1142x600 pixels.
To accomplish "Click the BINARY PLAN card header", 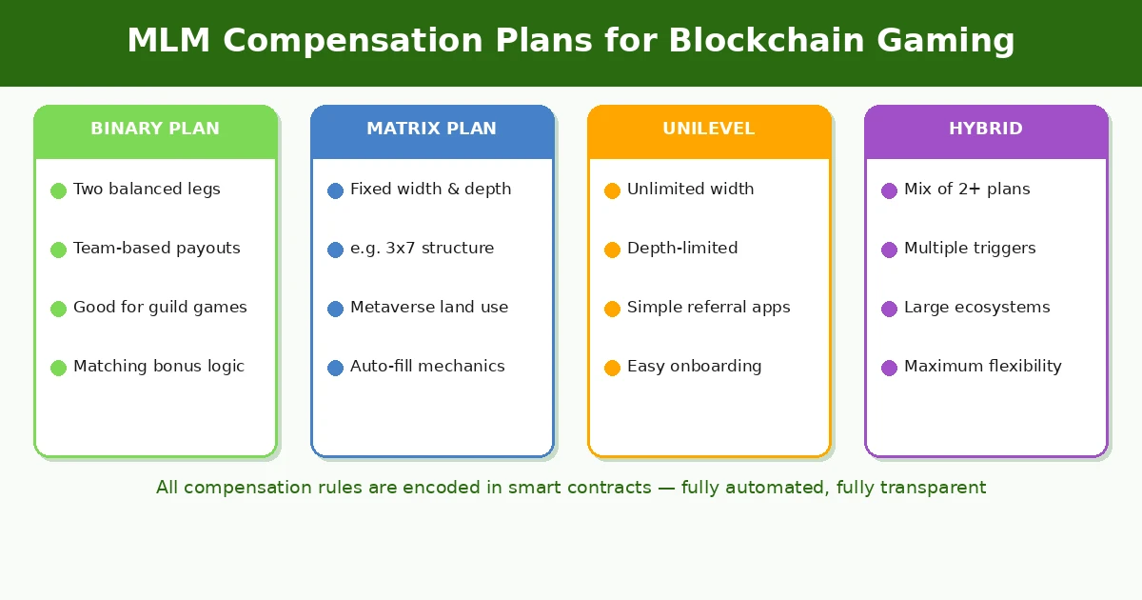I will [x=155, y=129].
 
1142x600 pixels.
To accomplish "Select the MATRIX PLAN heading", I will [x=431, y=129].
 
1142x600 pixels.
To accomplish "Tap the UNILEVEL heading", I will [x=708, y=129].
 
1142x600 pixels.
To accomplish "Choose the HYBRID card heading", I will [x=985, y=129].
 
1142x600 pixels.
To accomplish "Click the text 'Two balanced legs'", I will [x=147, y=190].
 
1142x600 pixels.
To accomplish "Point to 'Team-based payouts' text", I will [x=156, y=249].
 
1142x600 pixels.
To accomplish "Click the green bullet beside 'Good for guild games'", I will [x=58, y=309].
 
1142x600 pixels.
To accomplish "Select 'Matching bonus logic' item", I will [x=158, y=367].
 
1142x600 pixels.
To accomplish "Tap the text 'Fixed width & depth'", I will [x=430, y=190].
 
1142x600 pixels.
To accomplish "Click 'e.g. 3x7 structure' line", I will [x=422, y=249].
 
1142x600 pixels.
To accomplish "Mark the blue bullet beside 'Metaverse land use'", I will [x=335, y=309].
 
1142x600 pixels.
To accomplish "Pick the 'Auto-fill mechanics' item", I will [x=427, y=367].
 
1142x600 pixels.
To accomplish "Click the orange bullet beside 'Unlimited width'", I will [x=612, y=190].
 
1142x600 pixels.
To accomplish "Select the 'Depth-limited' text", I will [x=681, y=249].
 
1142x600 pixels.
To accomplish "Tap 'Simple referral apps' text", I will [x=708, y=308].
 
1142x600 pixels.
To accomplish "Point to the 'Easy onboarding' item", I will [x=694, y=367].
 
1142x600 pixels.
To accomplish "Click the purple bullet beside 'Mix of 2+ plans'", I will [x=889, y=190].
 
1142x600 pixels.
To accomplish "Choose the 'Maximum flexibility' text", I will [x=982, y=367].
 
